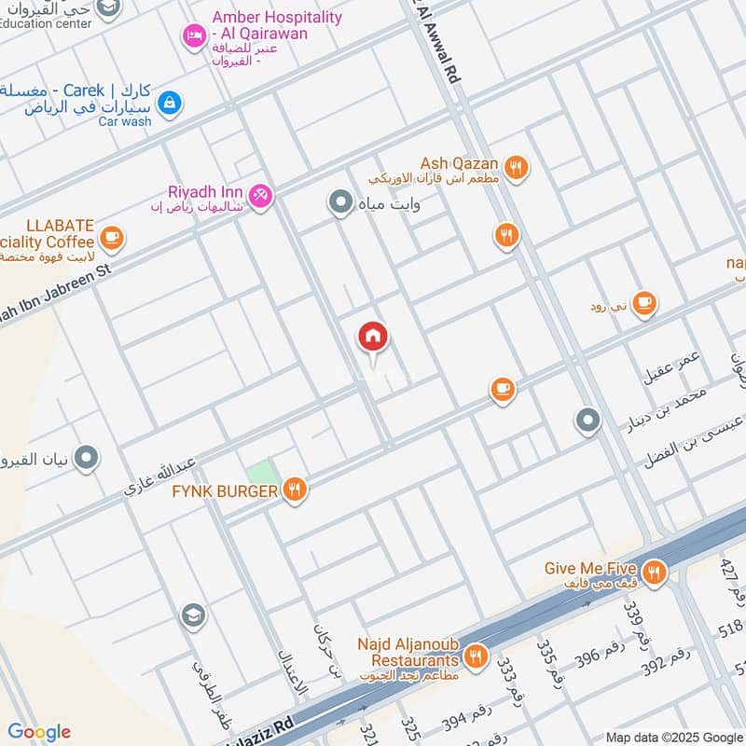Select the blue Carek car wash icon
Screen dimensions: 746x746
pyautogui.click(x=169, y=103)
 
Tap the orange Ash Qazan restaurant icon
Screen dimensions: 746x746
pyautogui.click(x=516, y=168)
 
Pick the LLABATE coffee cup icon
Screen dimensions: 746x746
pyautogui.click(x=112, y=239)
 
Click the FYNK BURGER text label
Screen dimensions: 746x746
pyautogui.click(x=225, y=490)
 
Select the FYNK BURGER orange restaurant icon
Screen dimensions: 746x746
pyautogui.click(x=295, y=490)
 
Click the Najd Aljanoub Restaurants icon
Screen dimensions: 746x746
pyautogui.click(x=477, y=656)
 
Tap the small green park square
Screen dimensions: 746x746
pyautogui.click(x=263, y=472)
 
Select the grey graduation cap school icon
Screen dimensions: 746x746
pyautogui.click(x=193, y=615)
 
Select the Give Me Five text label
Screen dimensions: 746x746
pyautogui.click(x=591, y=568)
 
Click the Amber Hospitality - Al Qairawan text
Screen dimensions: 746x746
pyautogui.click(x=277, y=25)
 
